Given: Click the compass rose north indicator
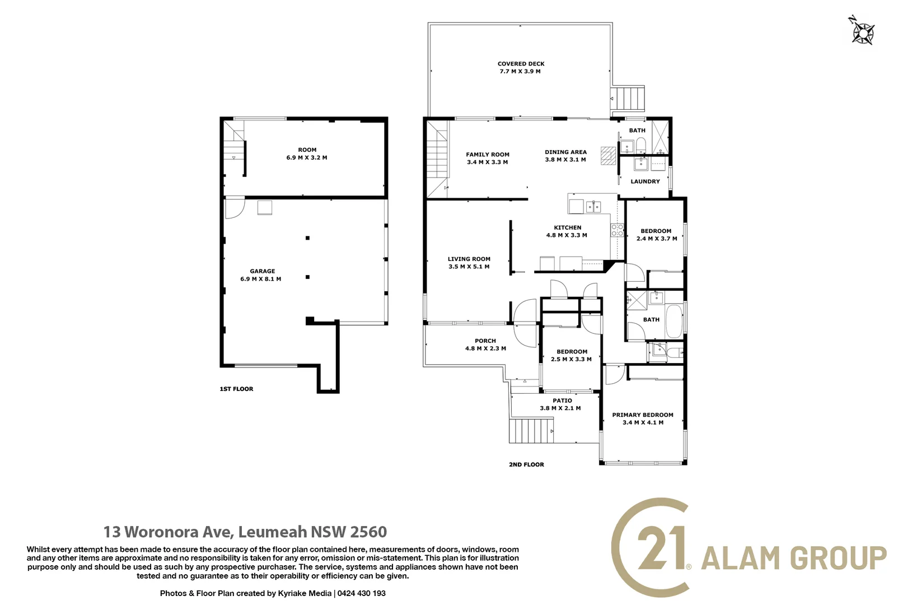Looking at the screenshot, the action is (862, 30).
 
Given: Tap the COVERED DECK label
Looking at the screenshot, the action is (521, 64).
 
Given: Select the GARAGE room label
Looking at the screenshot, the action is (263, 271).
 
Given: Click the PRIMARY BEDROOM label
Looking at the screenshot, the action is (643, 415).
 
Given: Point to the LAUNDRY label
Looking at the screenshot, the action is (645, 182).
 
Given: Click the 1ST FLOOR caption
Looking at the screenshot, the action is (236, 389).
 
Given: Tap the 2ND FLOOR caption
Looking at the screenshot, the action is (526, 464).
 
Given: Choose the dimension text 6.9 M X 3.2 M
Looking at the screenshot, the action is (306, 157).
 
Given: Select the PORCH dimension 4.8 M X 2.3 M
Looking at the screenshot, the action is (485, 348).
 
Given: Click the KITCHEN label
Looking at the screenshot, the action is (567, 228).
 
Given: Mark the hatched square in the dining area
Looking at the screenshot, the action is (608, 156).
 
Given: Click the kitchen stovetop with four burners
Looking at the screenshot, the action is (617, 230).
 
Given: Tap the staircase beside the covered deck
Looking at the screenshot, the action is (628, 98).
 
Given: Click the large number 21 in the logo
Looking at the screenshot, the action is (661, 548).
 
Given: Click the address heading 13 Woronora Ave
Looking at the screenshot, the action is (168, 532).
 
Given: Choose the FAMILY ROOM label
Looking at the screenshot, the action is (488, 155).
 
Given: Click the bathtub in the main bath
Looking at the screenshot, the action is (674, 322).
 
